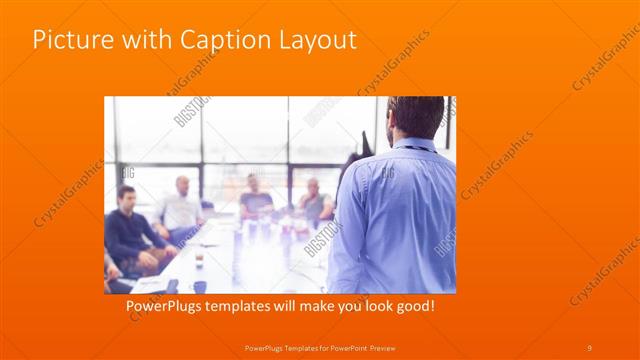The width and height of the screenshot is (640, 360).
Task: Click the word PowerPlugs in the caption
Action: coord(169,304)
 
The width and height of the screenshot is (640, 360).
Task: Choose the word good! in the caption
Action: coord(415,304)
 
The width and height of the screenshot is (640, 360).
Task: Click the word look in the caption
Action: coord(374,304)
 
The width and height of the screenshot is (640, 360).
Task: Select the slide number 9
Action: coord(589,347)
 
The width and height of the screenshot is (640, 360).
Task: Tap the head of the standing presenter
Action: coord(416,116)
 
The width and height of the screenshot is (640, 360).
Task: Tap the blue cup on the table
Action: coord(200,286)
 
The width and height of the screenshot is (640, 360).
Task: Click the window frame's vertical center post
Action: coord(289,150)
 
